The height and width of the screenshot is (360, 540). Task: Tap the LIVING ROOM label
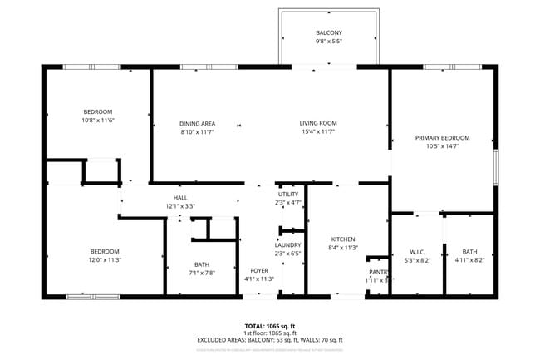[x=318, y=123]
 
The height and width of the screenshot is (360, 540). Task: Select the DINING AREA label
[x=198, y=123]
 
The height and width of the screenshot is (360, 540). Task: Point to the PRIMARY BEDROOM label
[x=442, y=137]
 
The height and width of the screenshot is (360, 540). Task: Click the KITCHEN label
[x=342, y=239]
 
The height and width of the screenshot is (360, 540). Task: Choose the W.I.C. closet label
[x=417, y=252]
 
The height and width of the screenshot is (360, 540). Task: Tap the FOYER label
[x=259, y=271]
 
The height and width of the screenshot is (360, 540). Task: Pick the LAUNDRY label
[x=287, y=245]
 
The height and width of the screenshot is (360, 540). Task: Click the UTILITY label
[x=287, y=194]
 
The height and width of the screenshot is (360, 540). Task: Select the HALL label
[x=179, y=197]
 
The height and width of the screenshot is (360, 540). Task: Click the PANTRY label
[x=379, y=272]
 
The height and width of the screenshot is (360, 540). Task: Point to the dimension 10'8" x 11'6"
[x=97, y=121]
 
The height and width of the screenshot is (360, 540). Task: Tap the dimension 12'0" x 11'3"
[x=105, y=260]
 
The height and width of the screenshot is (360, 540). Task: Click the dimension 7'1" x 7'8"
[x=202, y=273]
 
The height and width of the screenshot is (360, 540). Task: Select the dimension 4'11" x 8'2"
[x=469, y=260]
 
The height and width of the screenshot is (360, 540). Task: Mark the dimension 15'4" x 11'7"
[x=318, y=131]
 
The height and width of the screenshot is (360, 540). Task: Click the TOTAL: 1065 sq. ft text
[x=269, y=325]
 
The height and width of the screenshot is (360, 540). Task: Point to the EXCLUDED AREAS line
[x=269, y=340]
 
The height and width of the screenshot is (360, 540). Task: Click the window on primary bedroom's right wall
[x=496, y=165]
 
